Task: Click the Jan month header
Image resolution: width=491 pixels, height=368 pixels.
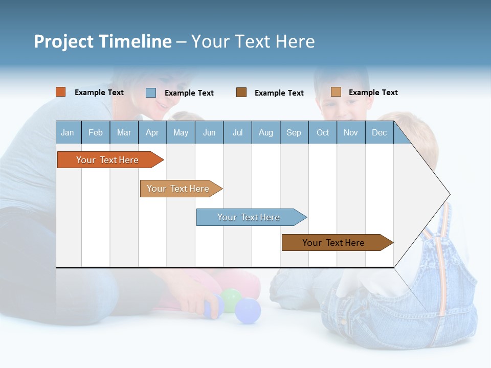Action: coord(68,132)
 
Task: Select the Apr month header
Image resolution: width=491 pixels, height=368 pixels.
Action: coord(152,132)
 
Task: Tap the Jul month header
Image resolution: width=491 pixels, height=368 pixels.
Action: coord(237,132)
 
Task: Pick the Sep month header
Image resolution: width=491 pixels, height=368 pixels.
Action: coord(294,132)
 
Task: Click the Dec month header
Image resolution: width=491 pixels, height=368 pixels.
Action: coord(379,132)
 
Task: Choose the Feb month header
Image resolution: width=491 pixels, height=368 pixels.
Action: coord(96,132)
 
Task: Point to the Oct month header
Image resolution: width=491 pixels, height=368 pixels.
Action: coord(323,132)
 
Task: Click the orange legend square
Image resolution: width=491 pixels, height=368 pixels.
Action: coord(60,92)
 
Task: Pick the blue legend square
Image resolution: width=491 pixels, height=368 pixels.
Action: coord(151,93)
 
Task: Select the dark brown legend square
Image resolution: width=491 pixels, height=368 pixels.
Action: coord(241,92)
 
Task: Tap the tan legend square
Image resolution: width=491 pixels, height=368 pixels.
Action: coord(336,92)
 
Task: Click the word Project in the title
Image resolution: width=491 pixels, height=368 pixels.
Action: coord(64,42)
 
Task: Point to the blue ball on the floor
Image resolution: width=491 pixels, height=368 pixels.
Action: coord(248,311)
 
